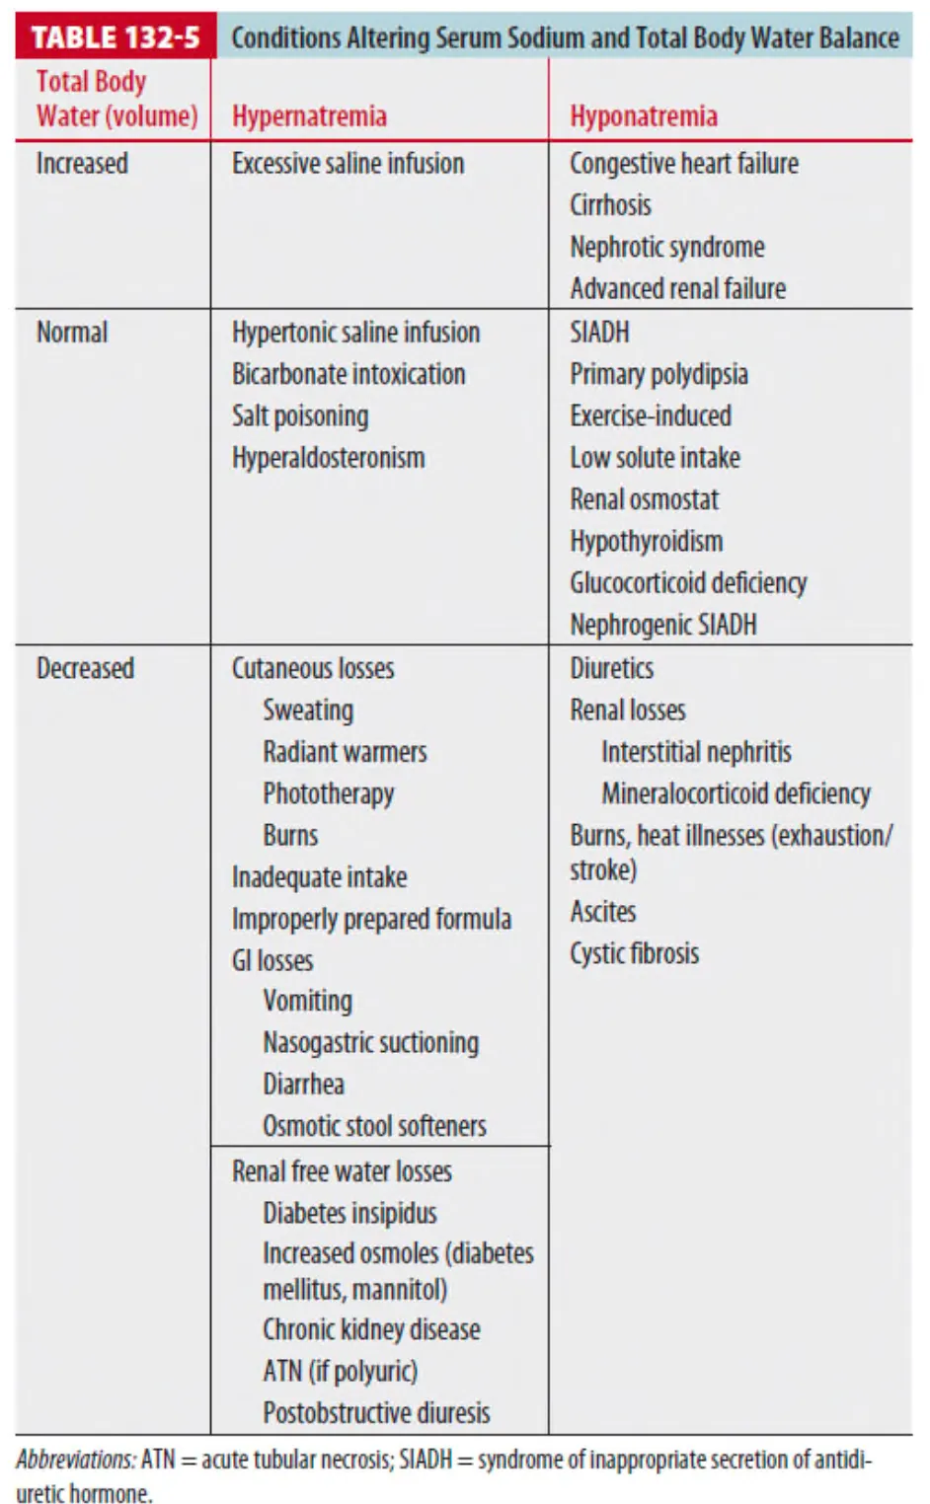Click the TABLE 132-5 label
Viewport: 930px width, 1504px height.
pyautogui.click(x=116, y=38)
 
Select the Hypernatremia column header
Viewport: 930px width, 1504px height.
pyautogui.click(x=309, y=116)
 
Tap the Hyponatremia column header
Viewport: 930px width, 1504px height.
pyautogui.click(x=643, y=116)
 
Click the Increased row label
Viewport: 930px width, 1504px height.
pyautogui.click(x=82, y=163)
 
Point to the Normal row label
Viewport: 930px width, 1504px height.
pyautogui.click(x=72, y=333)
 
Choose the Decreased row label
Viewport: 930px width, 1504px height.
pyautogui.click(x=85, y=668)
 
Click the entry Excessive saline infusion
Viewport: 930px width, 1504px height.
pyautogui.click(x=348, y=163)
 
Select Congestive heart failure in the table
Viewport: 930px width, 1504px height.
pyautogui.click(x=684, y=163)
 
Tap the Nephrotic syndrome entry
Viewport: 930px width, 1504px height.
pyautogui.click(x=666, y=247)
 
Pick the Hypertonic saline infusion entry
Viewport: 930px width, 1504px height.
pyautogui.click(x=355, y=333)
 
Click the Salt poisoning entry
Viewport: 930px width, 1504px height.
pyautogui.click(x=300, y=415)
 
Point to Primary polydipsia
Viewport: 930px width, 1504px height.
pyautogui.click(x=659, y=374)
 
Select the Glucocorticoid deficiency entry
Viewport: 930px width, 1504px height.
pyautogui.click(x=688, y=583)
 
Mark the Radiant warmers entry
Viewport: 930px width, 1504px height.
pyautogui.click(x=345, y=752)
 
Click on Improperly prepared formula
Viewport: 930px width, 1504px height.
pyautogui.click(x=371, y=919)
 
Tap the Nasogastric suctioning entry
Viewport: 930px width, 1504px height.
pyautogui.click(x=370, y=1042)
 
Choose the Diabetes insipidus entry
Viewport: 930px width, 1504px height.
pyautogui.click(x=349, y=1213)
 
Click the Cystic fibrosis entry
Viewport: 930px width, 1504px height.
pyautogui.click(x=634, y=953)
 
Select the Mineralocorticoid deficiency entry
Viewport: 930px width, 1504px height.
pyautogui.click(x=736, y=793)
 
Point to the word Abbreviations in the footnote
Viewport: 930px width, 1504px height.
pyautogui.click(x=75, y=1459)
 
